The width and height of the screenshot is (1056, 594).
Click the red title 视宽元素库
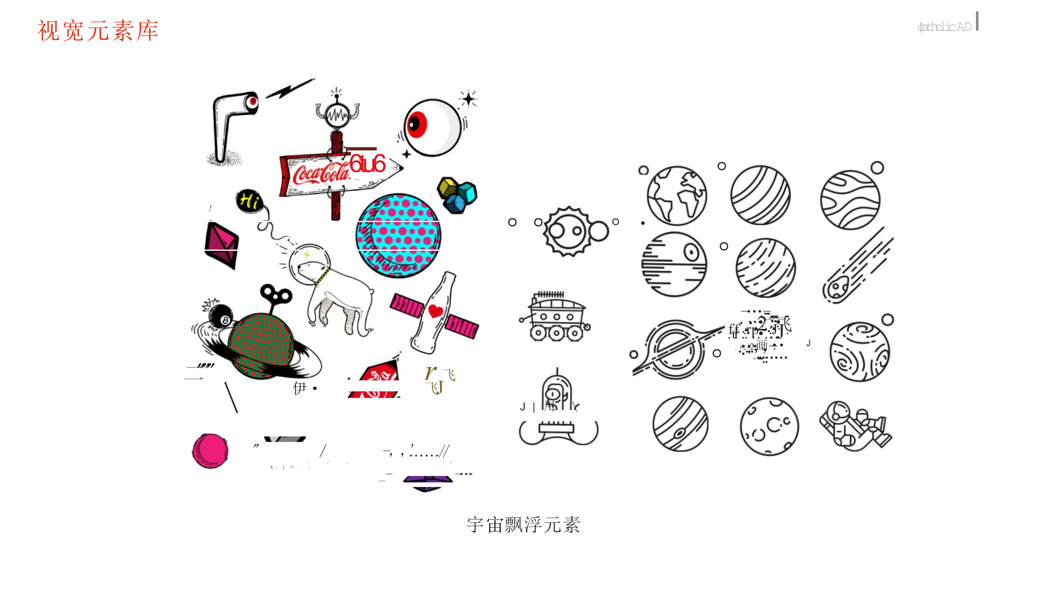click(98, 31)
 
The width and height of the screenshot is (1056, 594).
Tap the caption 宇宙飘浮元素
click(523, 525)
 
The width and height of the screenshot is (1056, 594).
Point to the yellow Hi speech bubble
click(249, 201)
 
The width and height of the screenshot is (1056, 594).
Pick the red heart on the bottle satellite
click(436, 311)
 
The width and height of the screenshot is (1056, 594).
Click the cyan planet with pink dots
click(398, 236)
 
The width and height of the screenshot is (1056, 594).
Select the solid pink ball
click(210, 451)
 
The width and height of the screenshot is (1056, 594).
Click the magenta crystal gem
click(222, 245)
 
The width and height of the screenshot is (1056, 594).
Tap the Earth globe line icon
click(677, 196)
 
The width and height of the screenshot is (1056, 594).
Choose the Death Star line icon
click(675, 264)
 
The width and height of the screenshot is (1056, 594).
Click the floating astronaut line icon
click(855, 426)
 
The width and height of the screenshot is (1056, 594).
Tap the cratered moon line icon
click(769, 426)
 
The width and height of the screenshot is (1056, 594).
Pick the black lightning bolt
click(290, 88)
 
